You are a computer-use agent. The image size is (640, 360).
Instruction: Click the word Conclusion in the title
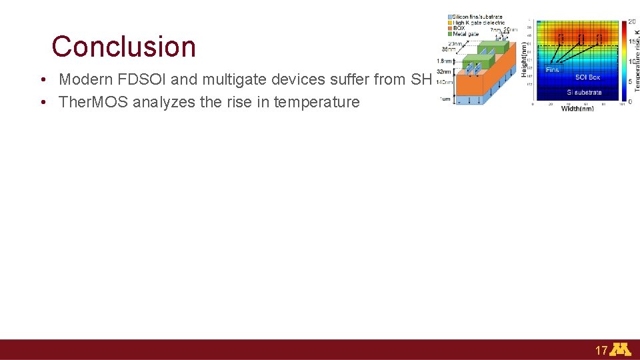124,47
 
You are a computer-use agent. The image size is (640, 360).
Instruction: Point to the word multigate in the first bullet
230,79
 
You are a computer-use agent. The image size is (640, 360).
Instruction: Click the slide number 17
601,350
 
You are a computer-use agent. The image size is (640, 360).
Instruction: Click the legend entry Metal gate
466,34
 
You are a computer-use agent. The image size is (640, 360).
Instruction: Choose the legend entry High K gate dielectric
479,23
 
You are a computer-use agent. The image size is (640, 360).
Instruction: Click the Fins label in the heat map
553,69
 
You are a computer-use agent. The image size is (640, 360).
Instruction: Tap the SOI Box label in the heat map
587,77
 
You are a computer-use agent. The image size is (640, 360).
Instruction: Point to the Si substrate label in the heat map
584,93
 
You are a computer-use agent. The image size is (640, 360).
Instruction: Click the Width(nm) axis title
577,109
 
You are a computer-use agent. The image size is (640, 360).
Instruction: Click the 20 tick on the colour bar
631,22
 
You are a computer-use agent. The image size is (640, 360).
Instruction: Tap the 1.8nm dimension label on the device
443,62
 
